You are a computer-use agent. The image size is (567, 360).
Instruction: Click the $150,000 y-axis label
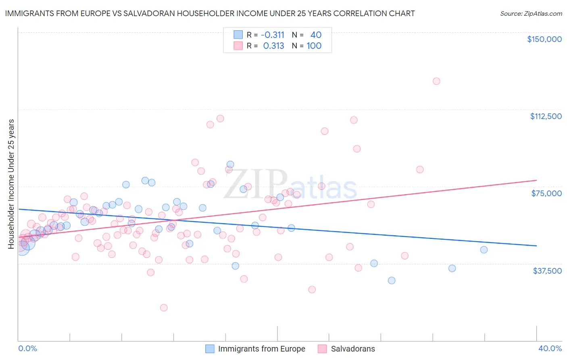(x=544, y=39)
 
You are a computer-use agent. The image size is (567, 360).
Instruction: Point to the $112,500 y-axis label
(x=546, y=116)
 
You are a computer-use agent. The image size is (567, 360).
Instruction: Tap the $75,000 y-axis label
(x=546, y=193)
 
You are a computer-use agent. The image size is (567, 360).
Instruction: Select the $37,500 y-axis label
(x=547, y=270)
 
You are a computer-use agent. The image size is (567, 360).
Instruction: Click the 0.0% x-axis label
(x=27, y=348)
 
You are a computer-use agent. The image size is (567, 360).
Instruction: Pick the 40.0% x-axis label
(x=550, y=348)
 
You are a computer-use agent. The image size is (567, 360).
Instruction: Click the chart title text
(x=210, y=13)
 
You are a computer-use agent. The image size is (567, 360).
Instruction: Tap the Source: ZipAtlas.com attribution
(x=531, y=13)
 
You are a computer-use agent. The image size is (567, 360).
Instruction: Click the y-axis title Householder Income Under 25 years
(x=11, y=184)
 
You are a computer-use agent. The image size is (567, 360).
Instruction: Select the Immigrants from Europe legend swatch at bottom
(x=210, y=349)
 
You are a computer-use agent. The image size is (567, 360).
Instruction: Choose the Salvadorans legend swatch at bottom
(x=322, y=349)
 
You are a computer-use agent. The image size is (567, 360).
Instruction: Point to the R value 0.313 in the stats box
(x=273, y=46)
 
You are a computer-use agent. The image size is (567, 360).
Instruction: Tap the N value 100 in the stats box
(x=314, y=46)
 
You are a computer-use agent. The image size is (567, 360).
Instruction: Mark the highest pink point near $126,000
(x=436, y=81)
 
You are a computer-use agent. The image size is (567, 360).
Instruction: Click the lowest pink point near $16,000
(x=164, y=308)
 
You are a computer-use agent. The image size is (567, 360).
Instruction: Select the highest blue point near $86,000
(x=230, y=164)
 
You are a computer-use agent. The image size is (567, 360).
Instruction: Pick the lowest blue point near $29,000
(x=392, y=280)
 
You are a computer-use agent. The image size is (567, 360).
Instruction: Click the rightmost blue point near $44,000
(x=484, y=250)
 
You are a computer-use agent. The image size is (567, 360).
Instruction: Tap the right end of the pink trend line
(x=536, y=180)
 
